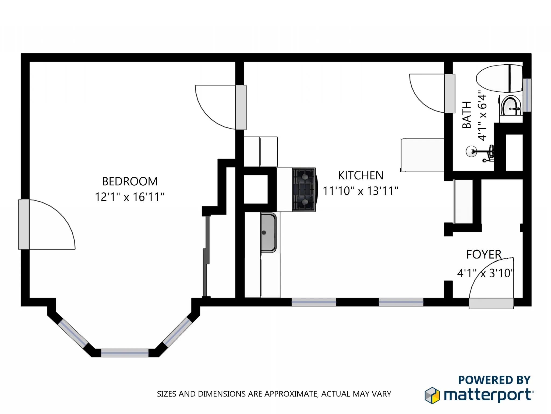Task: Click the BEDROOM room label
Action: tap(130, 181)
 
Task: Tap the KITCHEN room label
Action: tap(361, 175)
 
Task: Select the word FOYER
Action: tap(484, 254)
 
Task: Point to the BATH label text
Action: tap(467, 115)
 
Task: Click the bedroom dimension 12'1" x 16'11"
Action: tap(129, 197)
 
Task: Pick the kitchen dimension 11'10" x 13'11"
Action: tap(360, 191)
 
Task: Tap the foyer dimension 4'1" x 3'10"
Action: tap(486, 273)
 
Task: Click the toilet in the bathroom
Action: tap(499, 78)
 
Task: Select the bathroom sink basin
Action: tap(510, 106)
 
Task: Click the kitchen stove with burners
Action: tap(304, 189)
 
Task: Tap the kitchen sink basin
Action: tap(268, 232)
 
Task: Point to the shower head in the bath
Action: tap(472, 151)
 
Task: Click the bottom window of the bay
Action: tap(125, 353)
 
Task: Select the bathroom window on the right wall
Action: tap(527, 95)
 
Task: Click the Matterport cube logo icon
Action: tap(432, 395)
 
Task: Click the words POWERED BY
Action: tap(494, 380)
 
